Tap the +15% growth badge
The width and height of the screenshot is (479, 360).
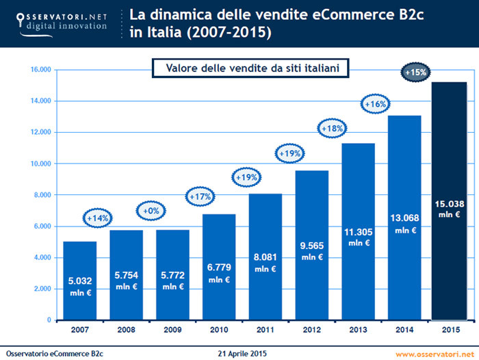416,72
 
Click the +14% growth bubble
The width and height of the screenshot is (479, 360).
99,218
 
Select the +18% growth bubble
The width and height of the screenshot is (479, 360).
333,127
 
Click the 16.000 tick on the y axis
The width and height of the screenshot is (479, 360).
41,69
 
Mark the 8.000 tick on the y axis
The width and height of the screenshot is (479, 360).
43,195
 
